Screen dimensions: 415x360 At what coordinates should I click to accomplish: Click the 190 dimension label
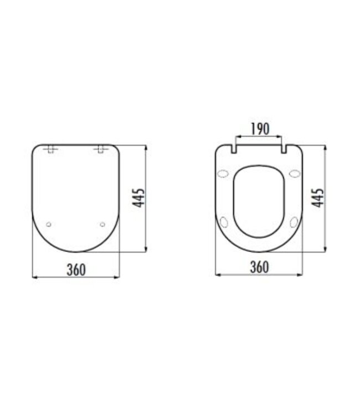[259, 128]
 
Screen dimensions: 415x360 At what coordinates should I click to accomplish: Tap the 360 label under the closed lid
[76, 269]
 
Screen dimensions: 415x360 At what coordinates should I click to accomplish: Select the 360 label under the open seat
[259, 267]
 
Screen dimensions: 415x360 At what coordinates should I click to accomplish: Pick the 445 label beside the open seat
[318, 198]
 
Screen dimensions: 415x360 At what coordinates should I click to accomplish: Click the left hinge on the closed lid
[51, 149]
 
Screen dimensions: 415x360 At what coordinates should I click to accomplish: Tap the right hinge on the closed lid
[101, 149]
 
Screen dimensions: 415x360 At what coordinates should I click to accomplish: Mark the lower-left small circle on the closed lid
[49, 224]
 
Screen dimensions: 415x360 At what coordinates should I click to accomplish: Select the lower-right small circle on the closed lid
[102, 224]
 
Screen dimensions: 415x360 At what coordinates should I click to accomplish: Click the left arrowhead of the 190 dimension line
[238, 136]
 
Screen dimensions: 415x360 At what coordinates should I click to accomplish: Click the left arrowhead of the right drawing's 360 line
[217, 274]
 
